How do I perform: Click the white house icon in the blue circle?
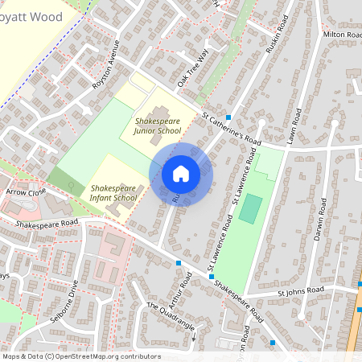click(181, 173)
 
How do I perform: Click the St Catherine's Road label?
click(232, 127)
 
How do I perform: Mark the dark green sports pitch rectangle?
click(251, 209)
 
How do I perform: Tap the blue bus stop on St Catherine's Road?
click(228, 117)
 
